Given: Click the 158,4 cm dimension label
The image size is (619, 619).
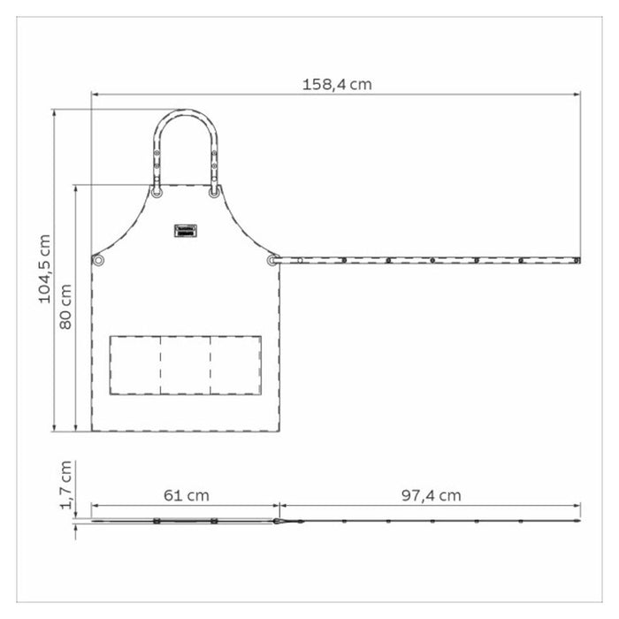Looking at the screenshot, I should coord(336,84).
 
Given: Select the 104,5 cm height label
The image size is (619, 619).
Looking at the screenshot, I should coord(44,268).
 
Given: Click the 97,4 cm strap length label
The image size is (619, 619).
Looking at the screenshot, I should coord(430,495).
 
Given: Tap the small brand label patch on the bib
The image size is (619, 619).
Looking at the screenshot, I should coord(186,231).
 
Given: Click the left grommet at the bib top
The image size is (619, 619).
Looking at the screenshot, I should coord(157,192).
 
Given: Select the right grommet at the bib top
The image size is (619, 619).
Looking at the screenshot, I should coord(214,192).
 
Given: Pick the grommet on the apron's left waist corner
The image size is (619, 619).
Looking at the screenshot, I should coord(98,260).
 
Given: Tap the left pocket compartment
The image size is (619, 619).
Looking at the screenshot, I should coord(135,365).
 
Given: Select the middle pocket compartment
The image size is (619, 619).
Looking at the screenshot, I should coord(186,365).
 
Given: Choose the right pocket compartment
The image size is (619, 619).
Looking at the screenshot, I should coord(236,365).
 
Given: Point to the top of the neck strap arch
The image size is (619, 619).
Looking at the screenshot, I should coord(186,112).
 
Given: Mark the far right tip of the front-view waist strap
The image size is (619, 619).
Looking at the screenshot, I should coord(579,261).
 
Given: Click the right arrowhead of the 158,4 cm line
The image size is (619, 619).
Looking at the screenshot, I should coord(578,94).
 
